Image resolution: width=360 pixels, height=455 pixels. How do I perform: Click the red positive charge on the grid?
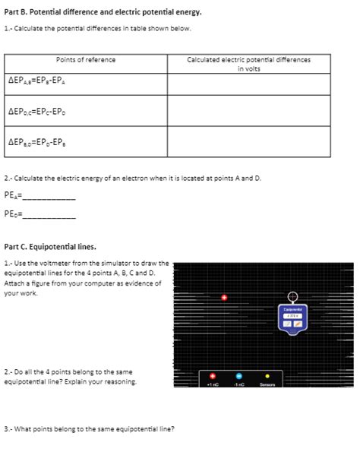pyautogui.click(x=225, y=298)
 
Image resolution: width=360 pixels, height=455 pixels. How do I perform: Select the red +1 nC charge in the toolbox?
pyautogui.click(x=213, y=376)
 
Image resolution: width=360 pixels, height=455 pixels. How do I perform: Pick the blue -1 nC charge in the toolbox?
pyautogui.click(x=238, y=376)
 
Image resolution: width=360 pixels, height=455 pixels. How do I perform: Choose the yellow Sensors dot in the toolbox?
pyautogui.click(x=267, y=376)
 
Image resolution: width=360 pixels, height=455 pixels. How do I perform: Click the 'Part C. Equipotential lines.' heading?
pyautogui.click(x=50, y=246)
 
